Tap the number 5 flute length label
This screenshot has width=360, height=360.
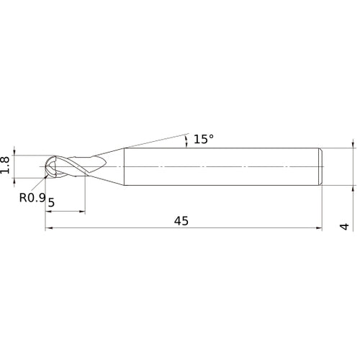tap(51, 203)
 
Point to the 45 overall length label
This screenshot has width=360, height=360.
tap(181, 221)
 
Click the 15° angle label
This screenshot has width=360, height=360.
tap(204, 139)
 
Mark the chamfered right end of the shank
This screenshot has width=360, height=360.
tap(320, 166)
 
